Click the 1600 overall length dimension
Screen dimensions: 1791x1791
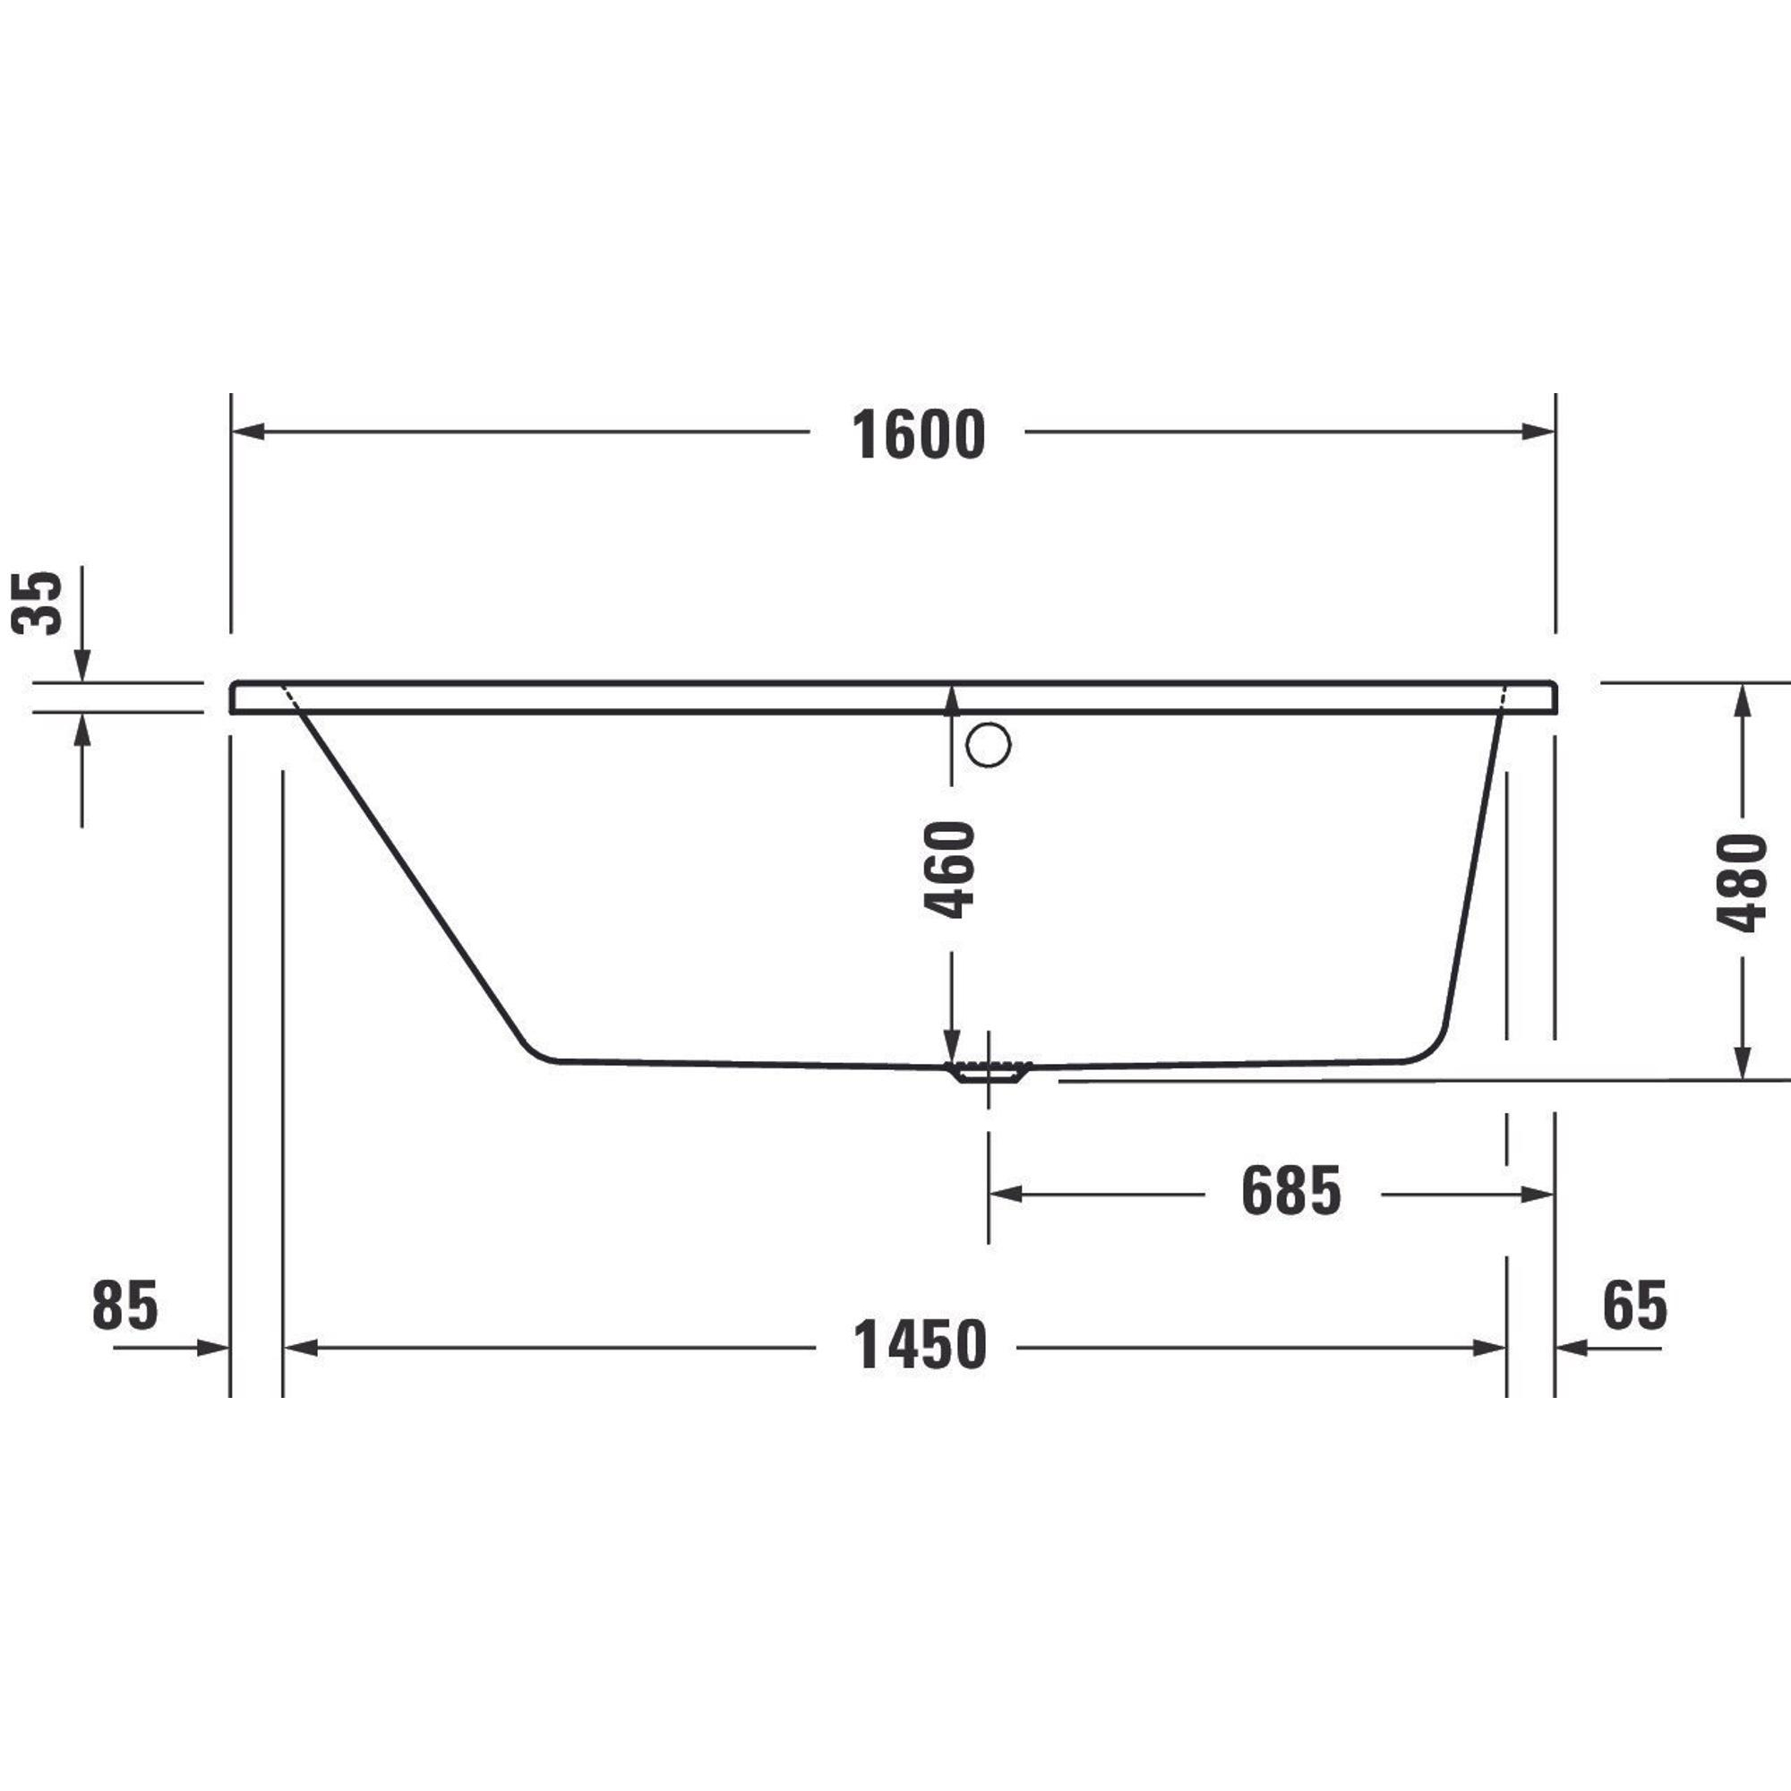[918, 435]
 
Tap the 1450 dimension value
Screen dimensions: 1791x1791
[920, 1346]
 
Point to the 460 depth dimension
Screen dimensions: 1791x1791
[951, 869]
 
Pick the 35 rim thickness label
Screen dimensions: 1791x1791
[38, 603]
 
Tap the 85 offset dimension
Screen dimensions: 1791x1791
[125, 1306]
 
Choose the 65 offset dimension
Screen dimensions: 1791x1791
[1635, 1306]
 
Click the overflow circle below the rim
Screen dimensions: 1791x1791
[989, 744]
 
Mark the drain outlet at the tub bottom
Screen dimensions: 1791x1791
[989, 1072]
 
